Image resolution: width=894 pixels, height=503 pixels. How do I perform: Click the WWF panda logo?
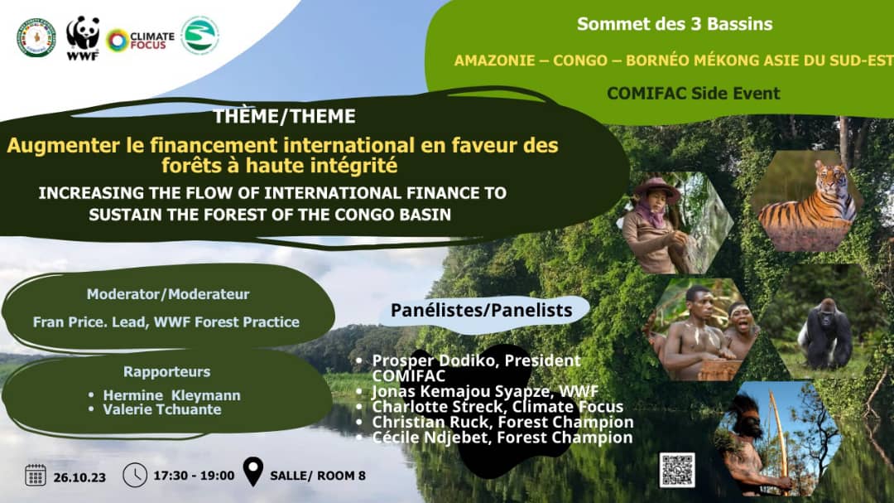tap(83, 37)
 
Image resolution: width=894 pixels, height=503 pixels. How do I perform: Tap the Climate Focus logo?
tap(140, 41)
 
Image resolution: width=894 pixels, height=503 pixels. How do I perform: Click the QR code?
tap(677, 470)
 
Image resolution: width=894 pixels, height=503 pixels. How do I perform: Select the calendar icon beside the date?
tap(36, 475)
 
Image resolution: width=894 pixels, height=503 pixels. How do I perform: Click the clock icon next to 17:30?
tap(135, 475)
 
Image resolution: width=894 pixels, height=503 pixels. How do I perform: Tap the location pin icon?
tap(253, 472)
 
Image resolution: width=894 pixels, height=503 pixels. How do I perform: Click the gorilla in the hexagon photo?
tap(824, 334)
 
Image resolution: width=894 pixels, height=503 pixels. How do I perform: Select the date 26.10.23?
tap(79, 477)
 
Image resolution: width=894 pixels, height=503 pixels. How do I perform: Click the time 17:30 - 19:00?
tap(194, 476)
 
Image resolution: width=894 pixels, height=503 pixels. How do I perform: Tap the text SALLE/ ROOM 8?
tap(318, 476)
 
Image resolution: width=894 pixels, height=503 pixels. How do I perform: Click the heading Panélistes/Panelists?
tap(481, 310)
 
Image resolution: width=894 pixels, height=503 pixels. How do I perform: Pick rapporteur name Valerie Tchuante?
tap(162, 409)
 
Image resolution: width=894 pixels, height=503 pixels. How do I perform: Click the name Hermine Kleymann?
tap(171, 395)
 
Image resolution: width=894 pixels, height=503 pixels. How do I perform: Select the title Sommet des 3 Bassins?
tap(675, 24)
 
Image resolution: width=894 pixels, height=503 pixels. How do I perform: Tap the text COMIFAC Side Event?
tap(694, 93)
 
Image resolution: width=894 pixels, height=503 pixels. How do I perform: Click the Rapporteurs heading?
tap(166, 372)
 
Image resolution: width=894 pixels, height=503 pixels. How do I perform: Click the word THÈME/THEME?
tap(285, 117)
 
